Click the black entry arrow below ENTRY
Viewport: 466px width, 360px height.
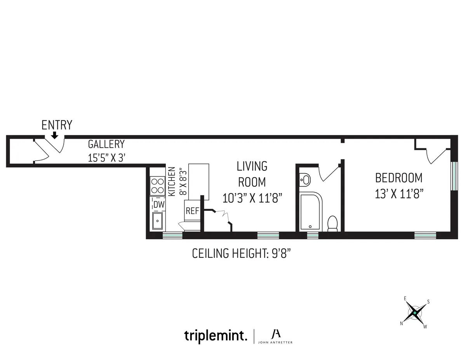pos(55,135)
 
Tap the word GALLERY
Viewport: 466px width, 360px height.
pos(106,144)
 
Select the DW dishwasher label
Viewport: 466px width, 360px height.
pos(158,204)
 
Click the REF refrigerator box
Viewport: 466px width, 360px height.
pos(192,211)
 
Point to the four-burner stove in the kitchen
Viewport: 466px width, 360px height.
pos(158,186)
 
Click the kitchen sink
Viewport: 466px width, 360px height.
pos(158,221)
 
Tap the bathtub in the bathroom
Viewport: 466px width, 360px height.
pos(311,212)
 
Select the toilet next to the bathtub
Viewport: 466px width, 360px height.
pos(333,224)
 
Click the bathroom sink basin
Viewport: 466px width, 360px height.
pos(306,179)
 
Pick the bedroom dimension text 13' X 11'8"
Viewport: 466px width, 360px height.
pos(399,194)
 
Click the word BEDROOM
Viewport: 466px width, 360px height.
pos(398,178)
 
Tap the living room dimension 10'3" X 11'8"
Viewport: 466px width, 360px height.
pos(252,198)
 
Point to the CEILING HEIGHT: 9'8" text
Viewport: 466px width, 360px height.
pos(242,254)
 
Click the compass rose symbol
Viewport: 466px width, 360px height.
pos(415,313)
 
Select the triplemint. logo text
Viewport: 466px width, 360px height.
pos(216,336)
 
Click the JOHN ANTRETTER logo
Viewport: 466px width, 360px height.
pos(276,336)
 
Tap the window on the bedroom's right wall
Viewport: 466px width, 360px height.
pos(453,176)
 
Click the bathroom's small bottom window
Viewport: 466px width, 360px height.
pos(313,235)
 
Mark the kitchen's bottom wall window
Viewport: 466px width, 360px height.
pos(172,235)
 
